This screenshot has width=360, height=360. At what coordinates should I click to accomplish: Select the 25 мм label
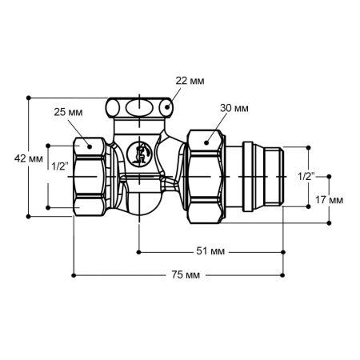coord(69,111)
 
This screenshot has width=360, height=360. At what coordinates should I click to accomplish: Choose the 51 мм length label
coord(210,251)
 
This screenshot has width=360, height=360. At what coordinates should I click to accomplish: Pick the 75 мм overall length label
coord(186,275)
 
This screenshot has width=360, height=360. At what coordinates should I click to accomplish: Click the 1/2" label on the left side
coord(59,167)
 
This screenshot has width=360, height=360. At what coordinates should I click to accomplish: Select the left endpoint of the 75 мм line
coord(74,275)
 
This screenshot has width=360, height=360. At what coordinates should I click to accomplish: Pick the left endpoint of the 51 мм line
coord(139,251)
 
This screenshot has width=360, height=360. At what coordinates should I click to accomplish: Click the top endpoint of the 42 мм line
coord(29,98)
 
